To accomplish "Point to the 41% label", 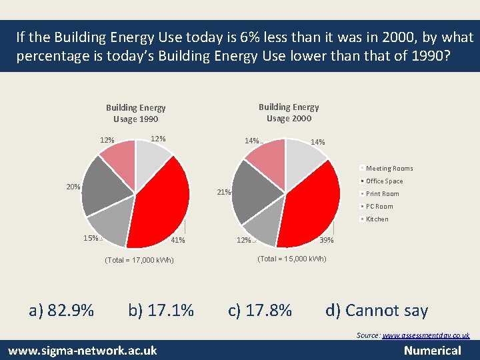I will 178,240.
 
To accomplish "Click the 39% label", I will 327,240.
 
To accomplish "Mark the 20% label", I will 73,187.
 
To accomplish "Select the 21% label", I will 224,193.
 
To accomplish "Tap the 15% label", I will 91,238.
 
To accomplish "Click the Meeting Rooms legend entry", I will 389,169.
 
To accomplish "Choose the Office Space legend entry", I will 384,181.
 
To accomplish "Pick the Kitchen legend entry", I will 377,219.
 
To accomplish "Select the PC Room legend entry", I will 379,207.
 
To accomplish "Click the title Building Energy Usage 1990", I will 135,113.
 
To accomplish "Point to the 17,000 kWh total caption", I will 139,260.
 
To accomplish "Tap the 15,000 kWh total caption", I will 291,259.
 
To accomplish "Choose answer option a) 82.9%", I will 61,310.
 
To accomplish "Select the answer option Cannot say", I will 376,310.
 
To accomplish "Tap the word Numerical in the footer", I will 432,350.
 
